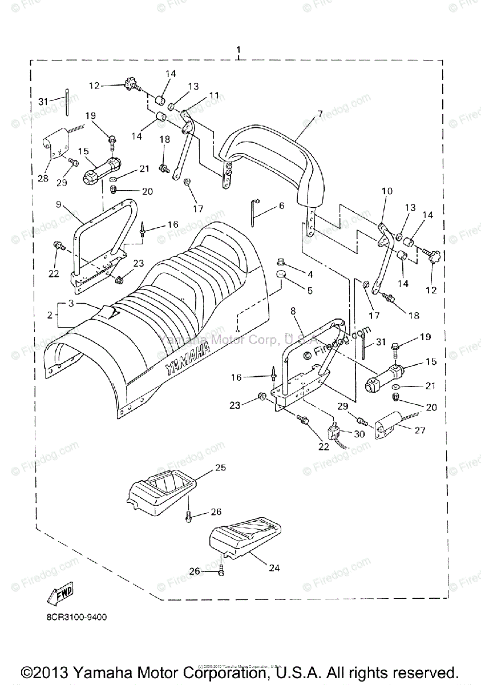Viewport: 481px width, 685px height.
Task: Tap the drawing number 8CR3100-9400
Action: pyautogui.click(x=76, y=617)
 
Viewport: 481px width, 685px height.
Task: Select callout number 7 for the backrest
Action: pyautogui.click(x=320, y=114)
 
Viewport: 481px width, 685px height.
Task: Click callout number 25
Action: pyautogui.click(x=220, y=468)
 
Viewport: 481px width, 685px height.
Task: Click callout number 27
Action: pyautogui.click(x=420, y=430)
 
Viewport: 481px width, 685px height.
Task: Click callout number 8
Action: pyautogui.click(x=293, y=311)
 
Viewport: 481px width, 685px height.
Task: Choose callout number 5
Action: pyautogui.click(x=310, y=291)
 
